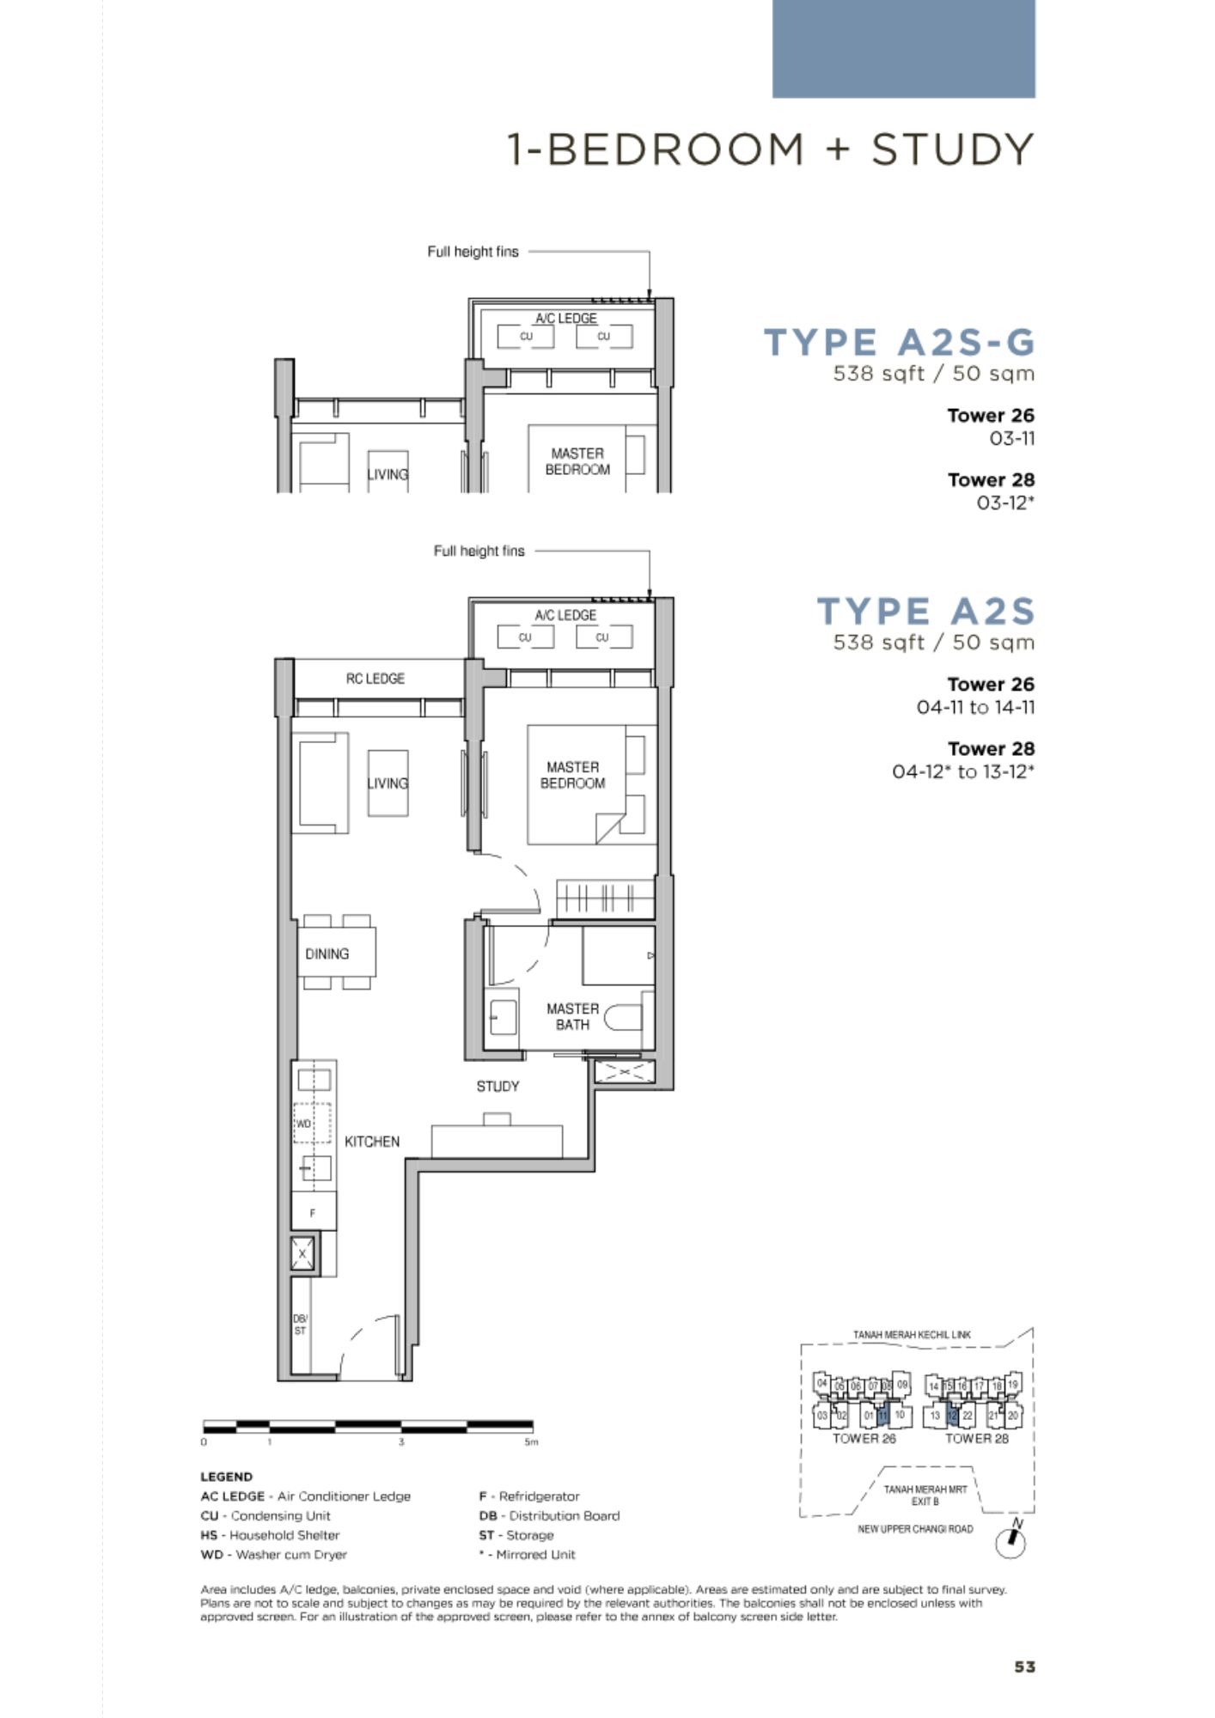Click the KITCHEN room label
coord(372,1142)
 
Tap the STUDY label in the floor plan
coord(498,1087)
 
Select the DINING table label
coord(327,954)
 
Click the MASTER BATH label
coord(572,1016)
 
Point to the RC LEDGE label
coord(375,679)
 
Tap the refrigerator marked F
coord(313,1213)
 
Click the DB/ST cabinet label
coord(300,1325)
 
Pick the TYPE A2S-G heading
coord(900,342)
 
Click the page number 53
coord(1024,1666)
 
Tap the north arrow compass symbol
coord(1011,1540)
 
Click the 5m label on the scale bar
coord(532,1442)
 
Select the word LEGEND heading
coord(227,1477)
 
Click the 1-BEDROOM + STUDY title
coord(771,149)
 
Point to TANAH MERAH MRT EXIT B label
coord(925,1496)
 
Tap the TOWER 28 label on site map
coord(977,1438)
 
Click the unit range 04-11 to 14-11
coord(975,708)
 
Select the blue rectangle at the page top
coord(904,49)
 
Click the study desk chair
coord(497,1119)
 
